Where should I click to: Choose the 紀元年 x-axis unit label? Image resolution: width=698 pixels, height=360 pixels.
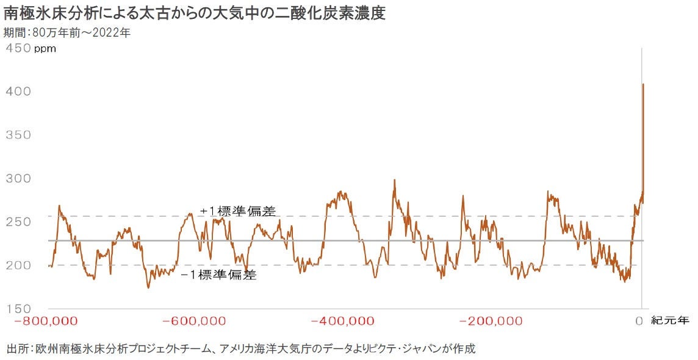pos(670,320)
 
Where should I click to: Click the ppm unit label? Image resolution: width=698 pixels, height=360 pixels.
pos(45,49)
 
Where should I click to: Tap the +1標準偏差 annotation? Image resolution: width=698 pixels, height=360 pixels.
pos(237,212)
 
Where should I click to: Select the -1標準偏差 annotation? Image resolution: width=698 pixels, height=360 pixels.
pos(219,275)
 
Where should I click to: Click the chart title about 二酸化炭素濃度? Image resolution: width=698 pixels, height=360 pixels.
pos(195,13)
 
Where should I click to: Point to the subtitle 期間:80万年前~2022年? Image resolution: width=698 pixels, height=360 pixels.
pos(67,33)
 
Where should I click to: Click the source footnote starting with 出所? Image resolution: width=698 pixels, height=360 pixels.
pos(241,349)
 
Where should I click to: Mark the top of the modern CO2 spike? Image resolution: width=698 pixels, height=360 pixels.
pos(643,84)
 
